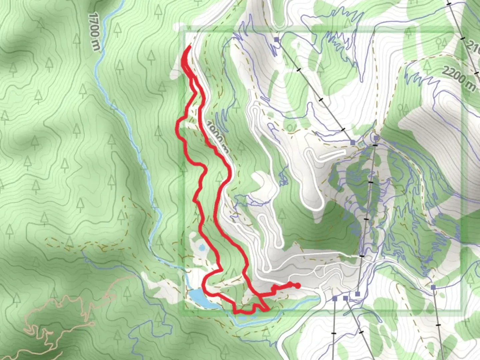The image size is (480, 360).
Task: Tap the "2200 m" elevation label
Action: pyautogui.click(x=459, y=79)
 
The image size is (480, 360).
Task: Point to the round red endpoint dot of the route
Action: pyautogui.click(x=298, y=285)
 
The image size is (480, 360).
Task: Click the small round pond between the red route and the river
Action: pyautogui.click(x=201, y=247)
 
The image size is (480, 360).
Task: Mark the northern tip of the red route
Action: pyautogui.click(x=190, y=47)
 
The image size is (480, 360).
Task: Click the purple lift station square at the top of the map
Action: pyautogui.click(x=276, y=40)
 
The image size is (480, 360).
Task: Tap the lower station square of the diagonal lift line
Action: pyautogui.click(x=353, y=143)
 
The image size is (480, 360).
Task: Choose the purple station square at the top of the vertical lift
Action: pyautogui.click(x=376, y=138)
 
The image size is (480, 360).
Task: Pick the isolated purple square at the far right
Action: pyautogui.click(x=433, y=287)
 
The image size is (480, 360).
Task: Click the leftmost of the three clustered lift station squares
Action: pyautogui.click(x=335, y=298)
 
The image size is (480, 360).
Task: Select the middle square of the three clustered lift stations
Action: pyautogui.click(x=345, y=298)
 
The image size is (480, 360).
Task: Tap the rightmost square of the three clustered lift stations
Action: pyautogui.click(x=358, y=294)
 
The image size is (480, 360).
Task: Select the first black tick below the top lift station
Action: pyautogui.click(x=298, y=70)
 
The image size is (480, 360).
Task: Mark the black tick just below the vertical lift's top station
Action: pyautogui.click(x=375, y=146)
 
